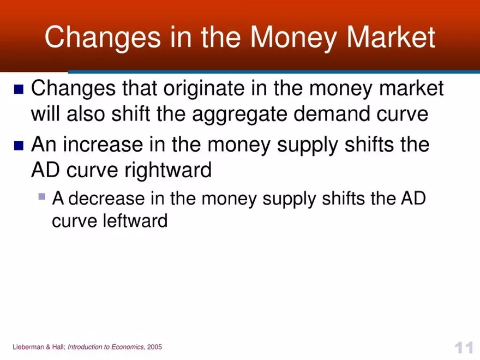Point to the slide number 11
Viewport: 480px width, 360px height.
pyautogui.click(x=463, y=348)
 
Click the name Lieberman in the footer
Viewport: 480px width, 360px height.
pyautogui.click(x=29, y=347)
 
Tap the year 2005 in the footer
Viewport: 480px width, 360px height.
pyautogui.click(x=154, y=347)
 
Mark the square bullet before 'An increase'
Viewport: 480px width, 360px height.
pyautogui.click(x=19, y=146)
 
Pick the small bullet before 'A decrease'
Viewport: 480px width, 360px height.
pyautogui.click(x=43, y=196)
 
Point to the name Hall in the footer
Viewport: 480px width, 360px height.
pyautogui.click(x=58, y=347)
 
